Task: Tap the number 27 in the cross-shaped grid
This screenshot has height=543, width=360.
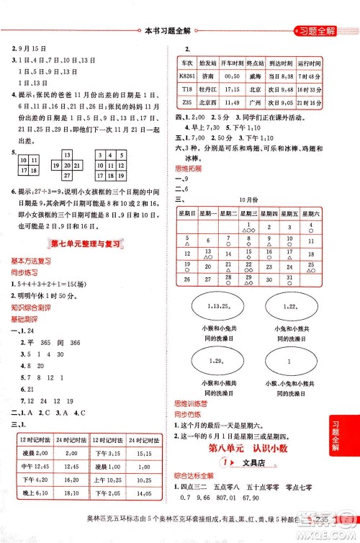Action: point(67,175)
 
